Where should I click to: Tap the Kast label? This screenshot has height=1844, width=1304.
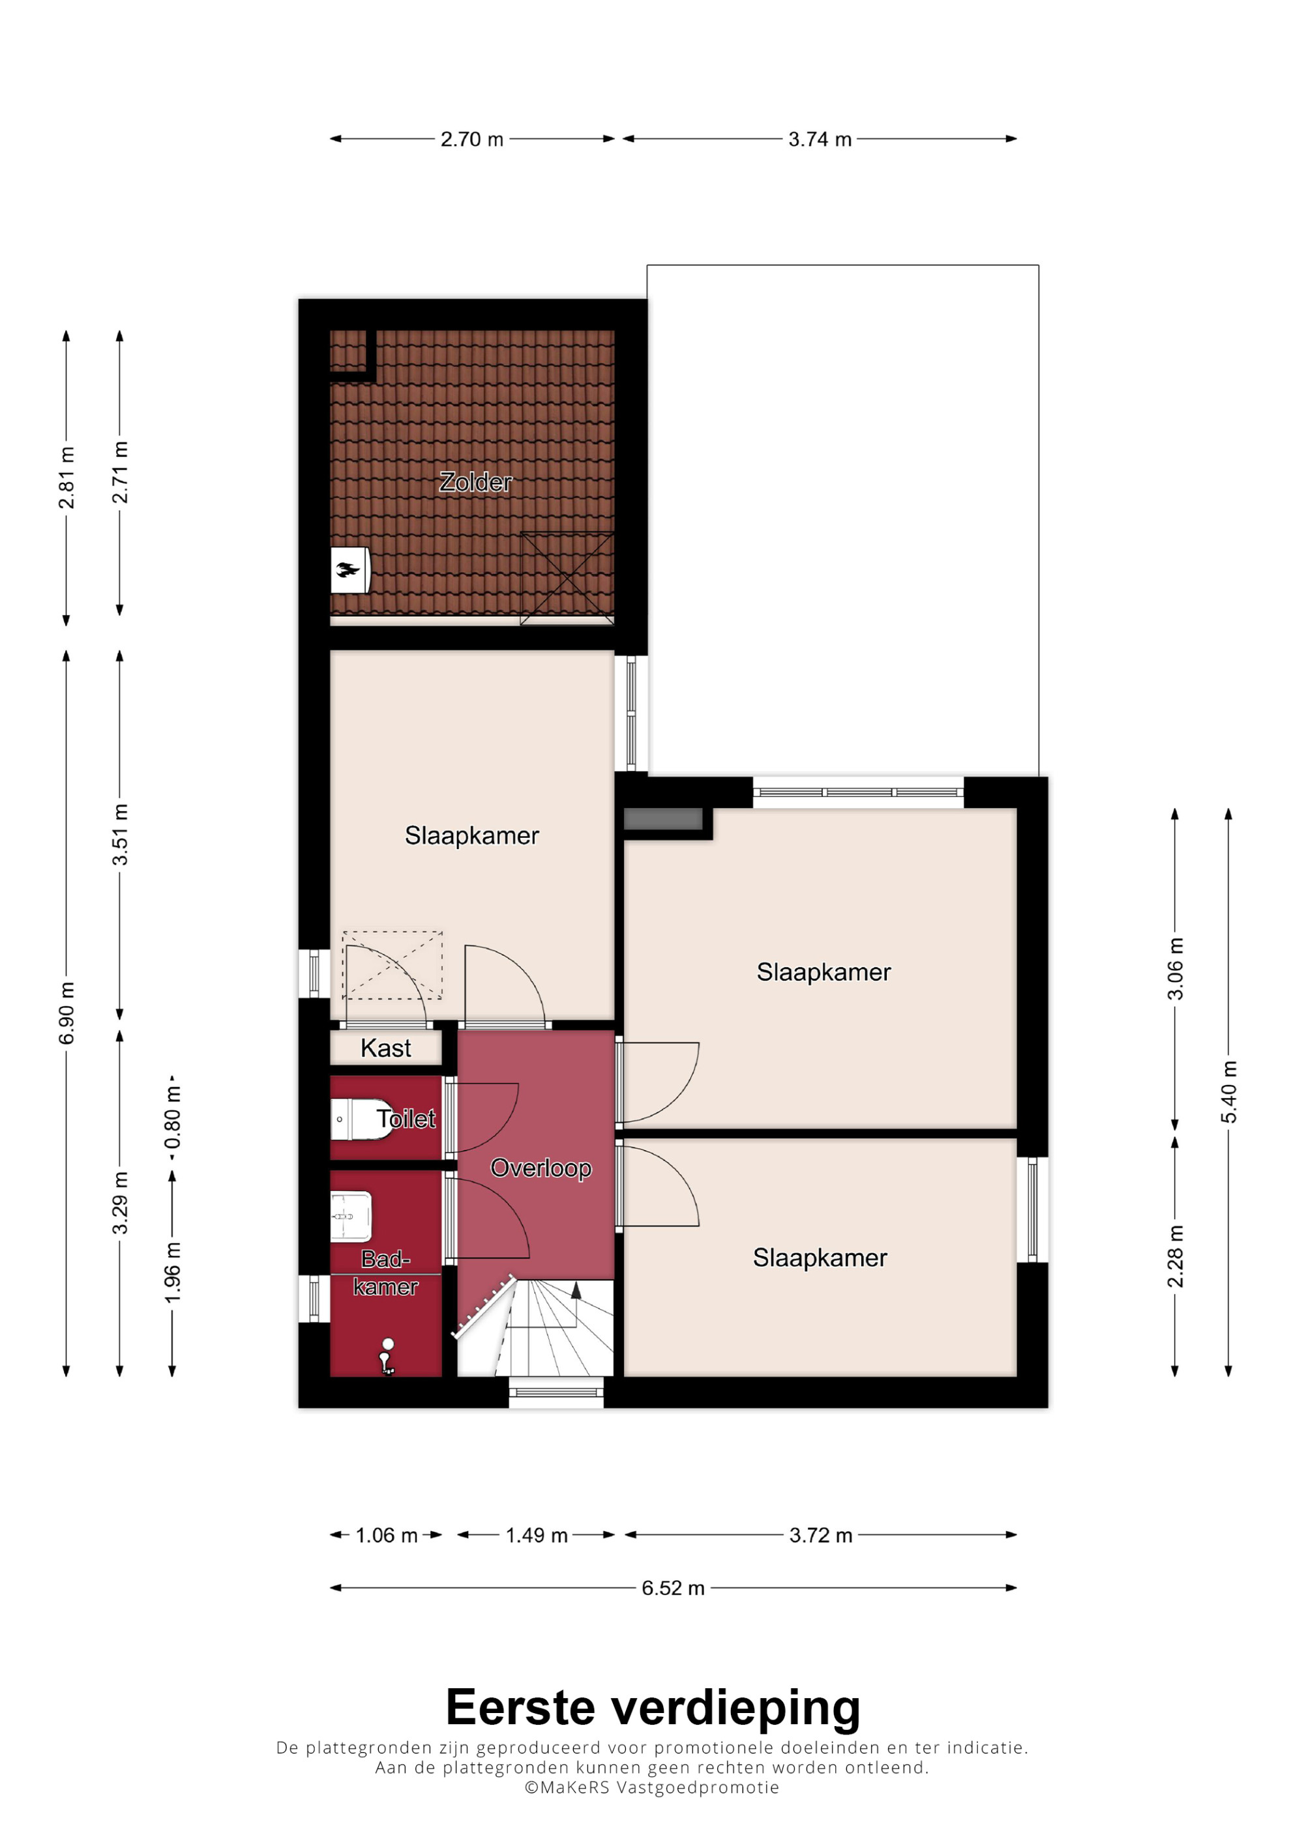pyautogui.click(x=385, y=1048)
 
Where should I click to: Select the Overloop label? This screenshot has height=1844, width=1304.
pyautogui.click(x=541, y=1168)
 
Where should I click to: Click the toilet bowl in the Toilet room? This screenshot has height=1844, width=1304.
pyautogui.click(x=361, y=1119)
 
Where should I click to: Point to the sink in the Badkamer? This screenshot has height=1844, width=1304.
pyautogui.click(x=351, y=1216)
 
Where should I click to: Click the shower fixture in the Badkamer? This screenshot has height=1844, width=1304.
pyautogui.click(x=387, y=1357)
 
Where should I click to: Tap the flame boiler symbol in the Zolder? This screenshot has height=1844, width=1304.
pyautogui.click(x=349, y=570)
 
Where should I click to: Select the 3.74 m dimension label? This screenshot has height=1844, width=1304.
pyautogui.click(x=820, y=139)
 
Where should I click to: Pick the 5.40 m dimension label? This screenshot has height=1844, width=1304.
pyautogui.click(x=1228, y=1091)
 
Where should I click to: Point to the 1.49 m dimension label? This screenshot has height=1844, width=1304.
pyautogui.click(x=536, y=1534)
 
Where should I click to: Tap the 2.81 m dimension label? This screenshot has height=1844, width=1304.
pyautogui.click(x=67, y=478)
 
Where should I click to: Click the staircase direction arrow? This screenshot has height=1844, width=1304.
pyautogui.click(x=575, y=1291)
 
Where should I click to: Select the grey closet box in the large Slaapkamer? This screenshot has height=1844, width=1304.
pyautogui.click(x=663, y=819)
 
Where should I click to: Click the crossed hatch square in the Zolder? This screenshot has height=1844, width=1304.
pyautogui.click(x=567, y=578)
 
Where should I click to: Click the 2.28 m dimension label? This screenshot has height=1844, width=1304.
pyautogui.click(x=1176, y=1256)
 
